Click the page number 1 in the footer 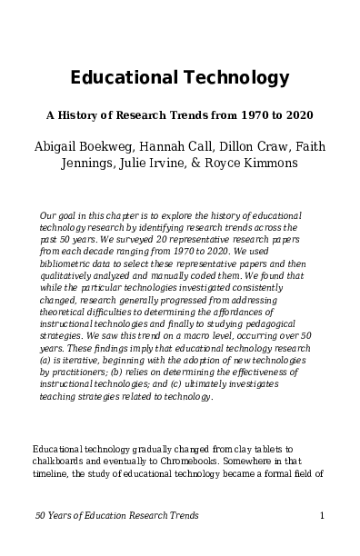322,516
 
